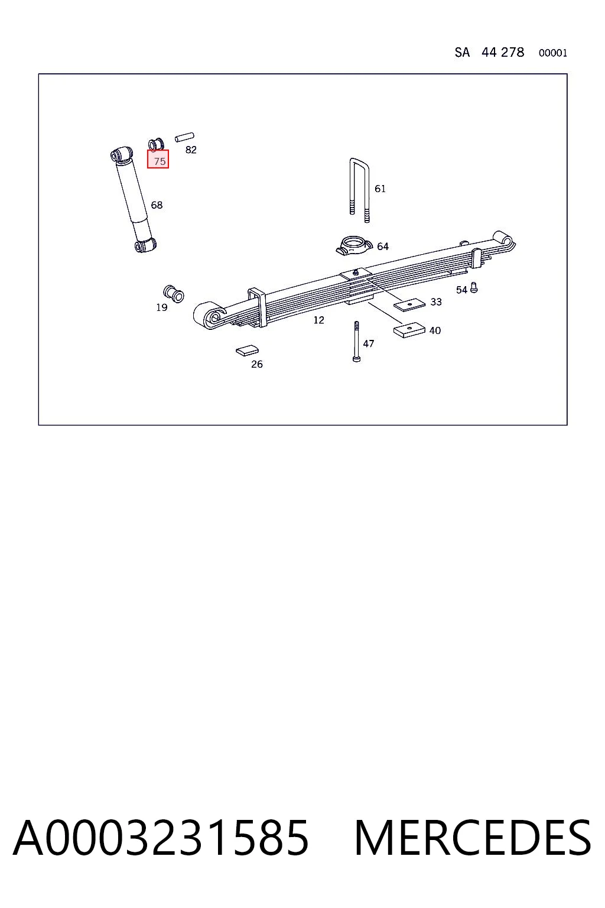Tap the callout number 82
coord(191,150)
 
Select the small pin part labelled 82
coord(184,137)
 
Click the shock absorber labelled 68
coord(134,199)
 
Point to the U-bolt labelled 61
coord(359,190)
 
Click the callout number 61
coord(380,189)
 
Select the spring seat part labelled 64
coord(353,246)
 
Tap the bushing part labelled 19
coord(174,293)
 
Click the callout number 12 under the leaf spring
coord(318,320)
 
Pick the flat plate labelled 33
coord(409,304)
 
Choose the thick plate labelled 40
coord(409,329)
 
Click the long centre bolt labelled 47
coord(356,341)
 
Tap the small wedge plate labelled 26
coord(247,350)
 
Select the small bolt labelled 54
coord(473,287)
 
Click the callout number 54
coord(461,290)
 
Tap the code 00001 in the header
coord(553,53)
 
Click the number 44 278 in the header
coord(502,52)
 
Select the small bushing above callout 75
coord(156,144)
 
